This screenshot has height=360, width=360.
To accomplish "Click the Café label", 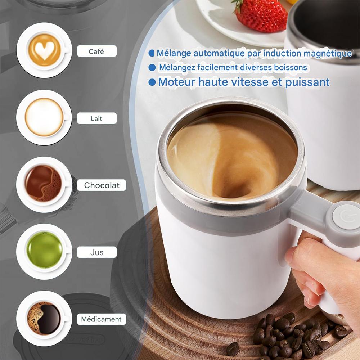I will click(x=96, y=51).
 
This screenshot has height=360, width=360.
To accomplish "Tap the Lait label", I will click(x=96, y=118).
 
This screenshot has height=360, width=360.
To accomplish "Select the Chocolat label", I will click(x=102, y=185).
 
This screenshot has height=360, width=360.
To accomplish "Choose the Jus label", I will click(x=96, y=252).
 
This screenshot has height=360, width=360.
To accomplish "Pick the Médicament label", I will click(x=101, y=319).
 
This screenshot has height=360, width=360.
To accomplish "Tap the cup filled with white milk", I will click(x=44, y=117).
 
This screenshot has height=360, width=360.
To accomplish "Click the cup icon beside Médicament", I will click(x=44, y=318).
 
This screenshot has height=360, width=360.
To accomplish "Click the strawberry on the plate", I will click(x=256, y=15).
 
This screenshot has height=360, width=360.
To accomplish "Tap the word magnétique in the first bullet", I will click(x=327, y=53).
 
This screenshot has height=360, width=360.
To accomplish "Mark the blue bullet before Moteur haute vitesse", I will click(x=152, y=82).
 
